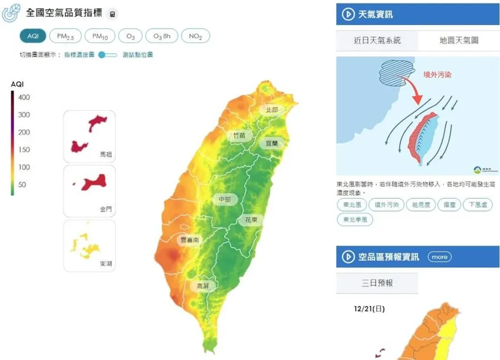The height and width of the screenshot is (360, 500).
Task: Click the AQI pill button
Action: [33, 36]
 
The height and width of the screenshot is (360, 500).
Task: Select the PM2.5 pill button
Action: [65, 36]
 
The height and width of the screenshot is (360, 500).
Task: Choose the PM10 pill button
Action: [99, 36]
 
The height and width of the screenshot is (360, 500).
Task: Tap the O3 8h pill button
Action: [161, 36]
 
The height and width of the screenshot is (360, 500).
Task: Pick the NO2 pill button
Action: [195, 36]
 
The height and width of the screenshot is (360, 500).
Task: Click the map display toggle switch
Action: [107, 55]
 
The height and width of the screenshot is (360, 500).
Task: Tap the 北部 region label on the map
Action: [272, 109]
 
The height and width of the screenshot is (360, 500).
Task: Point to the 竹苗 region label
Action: [239, 135]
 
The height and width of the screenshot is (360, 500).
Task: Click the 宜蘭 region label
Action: [272, 143]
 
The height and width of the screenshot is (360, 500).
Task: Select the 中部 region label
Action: [224, 199]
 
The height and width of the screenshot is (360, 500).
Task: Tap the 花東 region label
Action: [251, 219]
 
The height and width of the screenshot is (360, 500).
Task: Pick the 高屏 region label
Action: [203, 285]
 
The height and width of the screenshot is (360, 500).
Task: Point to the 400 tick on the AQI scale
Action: [24, 97]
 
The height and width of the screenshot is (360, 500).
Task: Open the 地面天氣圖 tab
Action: [459, 40]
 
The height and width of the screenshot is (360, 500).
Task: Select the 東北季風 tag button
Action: [355, 219]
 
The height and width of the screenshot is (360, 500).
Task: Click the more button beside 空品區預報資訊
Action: [439, 256]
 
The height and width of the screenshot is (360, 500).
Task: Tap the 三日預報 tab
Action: [377, 283]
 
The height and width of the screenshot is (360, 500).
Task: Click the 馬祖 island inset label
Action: [106, 154]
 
